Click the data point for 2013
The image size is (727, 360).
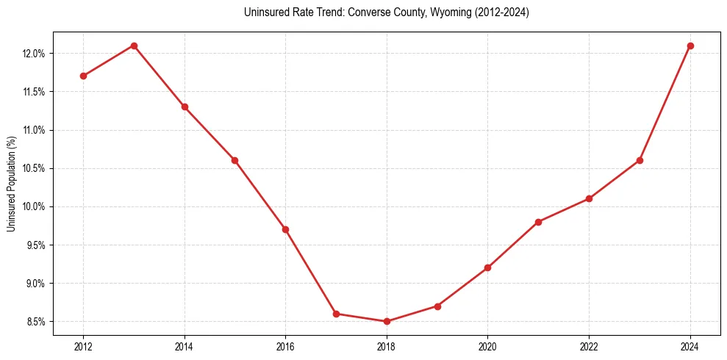(x=134, y=46)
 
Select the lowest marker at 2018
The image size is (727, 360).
(x=387, y=321)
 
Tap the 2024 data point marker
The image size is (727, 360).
(x=690, y=46)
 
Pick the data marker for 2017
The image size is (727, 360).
(x=336, y=314)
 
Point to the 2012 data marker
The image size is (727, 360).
(x=83, y=76)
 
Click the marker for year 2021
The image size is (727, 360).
(x=538, y=222)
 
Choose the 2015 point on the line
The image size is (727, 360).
(x=234, y=160)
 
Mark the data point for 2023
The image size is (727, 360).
(x=640, y=160)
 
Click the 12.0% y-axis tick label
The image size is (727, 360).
(x=35, y=54)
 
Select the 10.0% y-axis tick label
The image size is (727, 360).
(x=35, y=206)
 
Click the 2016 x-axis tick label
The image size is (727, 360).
(x=285, y=346)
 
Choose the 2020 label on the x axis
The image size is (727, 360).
(x=487, y=346)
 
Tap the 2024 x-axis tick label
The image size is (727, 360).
(x=690, y=346)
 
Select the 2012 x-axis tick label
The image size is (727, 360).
(x=83, y=346)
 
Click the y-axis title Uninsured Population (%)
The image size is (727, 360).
(x=11, y=184)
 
